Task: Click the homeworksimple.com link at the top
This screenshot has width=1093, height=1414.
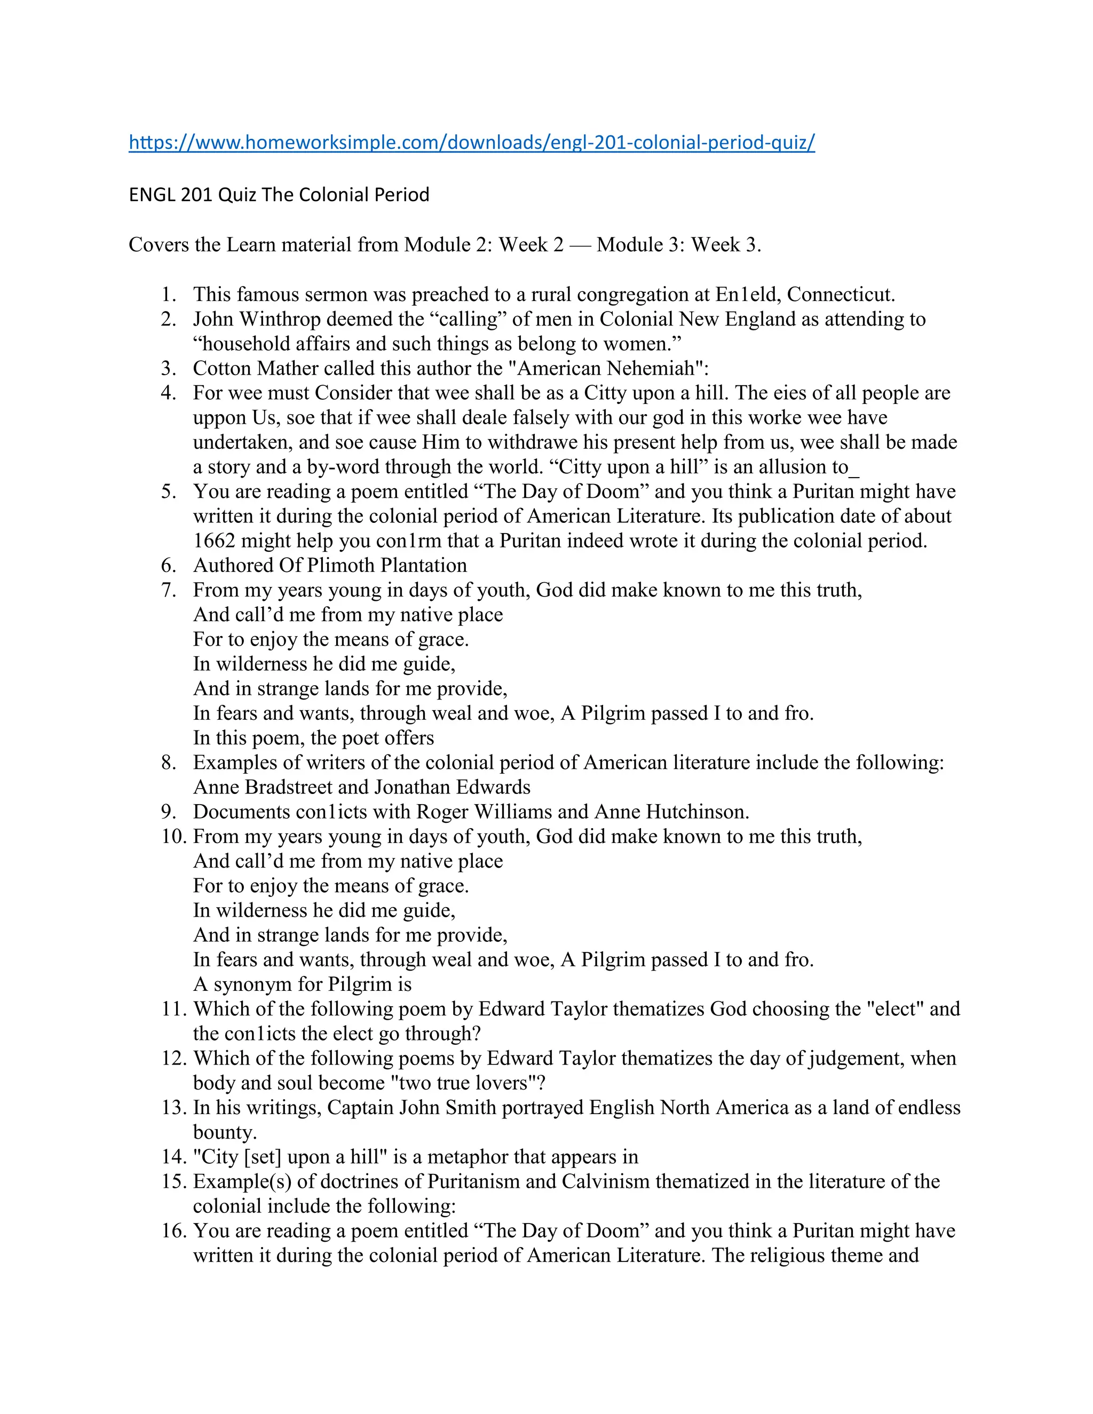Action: [471, 142]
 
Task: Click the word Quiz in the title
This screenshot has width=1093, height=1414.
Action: [237, 195]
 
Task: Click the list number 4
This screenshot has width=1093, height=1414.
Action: [168, 394]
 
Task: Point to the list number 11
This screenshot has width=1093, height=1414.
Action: [173, 1010]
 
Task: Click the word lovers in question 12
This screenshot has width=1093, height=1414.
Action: [495, 1083]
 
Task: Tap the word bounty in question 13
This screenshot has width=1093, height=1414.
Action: [224, 1132]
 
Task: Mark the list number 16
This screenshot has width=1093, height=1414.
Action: [173, 1231]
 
